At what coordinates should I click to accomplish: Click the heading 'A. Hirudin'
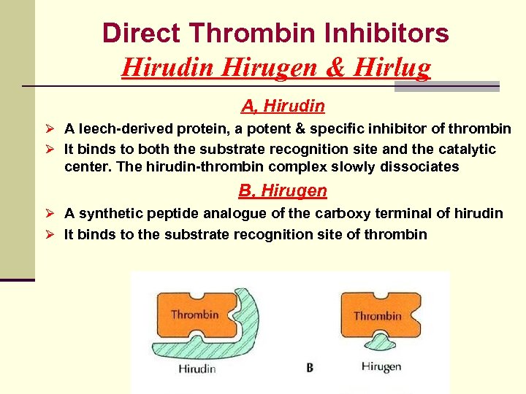tap(283, 107)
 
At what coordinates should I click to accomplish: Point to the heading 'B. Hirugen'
tap(283, 191)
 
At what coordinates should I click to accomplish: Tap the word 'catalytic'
tap(468, 149)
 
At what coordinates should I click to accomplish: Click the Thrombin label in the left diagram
tap(194, 314)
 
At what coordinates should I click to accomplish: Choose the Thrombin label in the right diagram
tap(377, 316)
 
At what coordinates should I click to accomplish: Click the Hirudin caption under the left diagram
tap(197, 368)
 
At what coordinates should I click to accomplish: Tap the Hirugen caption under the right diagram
tap(381, 366)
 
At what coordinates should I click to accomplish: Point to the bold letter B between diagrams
tap(310, 368)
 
